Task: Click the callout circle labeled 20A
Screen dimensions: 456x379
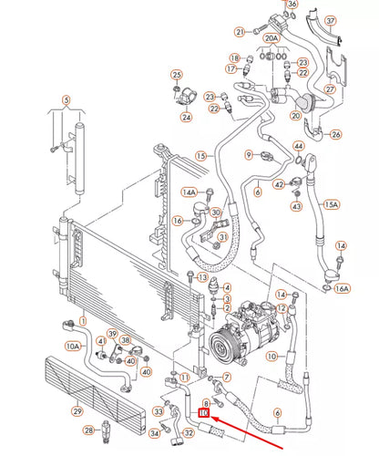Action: [x=271, y=39]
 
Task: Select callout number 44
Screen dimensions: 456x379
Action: [x=299, y=147]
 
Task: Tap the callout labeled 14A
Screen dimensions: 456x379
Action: [x=189, y=192]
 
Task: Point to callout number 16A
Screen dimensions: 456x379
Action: [x=342, y=288]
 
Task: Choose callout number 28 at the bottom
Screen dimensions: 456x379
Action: [x=87, y=429]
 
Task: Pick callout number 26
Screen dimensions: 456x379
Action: [x=335, y=135]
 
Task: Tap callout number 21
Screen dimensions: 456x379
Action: [x=240, y=32]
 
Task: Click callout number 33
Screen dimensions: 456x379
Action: [x=157, y=411]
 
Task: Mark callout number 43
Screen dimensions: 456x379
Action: [x=296, y=205]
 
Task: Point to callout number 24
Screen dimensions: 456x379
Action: [x=186, y=117]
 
